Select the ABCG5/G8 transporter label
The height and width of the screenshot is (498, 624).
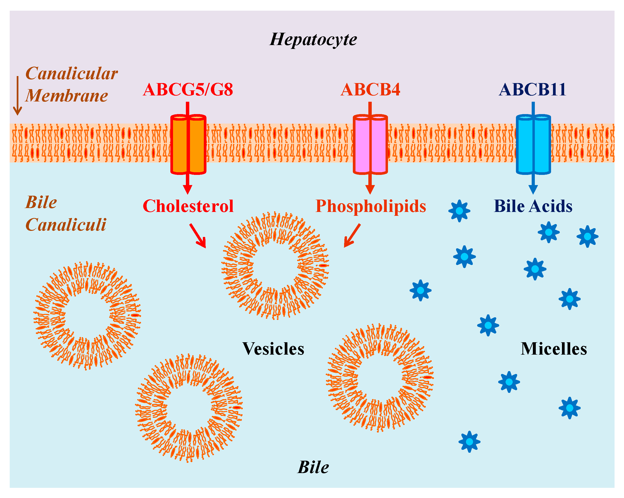coord(188,89)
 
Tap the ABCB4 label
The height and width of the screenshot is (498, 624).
coord(370,89)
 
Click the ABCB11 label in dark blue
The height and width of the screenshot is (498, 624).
coord(533,89)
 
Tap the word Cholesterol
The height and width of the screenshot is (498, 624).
coord(188,206)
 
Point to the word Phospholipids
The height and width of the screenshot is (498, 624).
coord(371,206)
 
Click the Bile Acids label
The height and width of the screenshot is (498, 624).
coord(533,206)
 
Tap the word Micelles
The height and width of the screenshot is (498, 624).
coord(554,349)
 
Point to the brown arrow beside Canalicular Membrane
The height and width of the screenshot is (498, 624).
coord(18,95)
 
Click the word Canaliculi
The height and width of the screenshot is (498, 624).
coord(66,225)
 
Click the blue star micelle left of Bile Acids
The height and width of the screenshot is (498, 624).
coord(459,211)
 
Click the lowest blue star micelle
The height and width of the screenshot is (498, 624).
coord(469,442)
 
